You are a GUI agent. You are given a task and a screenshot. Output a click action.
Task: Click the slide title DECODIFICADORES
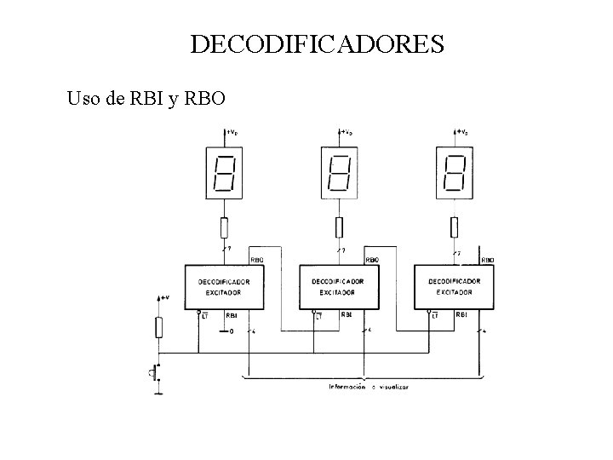point(317,43)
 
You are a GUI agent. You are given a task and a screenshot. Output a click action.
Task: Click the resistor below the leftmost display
point(224,227)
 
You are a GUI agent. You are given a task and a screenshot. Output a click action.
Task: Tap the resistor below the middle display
point(339,227)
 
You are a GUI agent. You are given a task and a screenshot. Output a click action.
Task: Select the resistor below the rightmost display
point(454,227)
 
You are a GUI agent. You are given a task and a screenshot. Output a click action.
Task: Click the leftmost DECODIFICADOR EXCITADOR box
point(224,287)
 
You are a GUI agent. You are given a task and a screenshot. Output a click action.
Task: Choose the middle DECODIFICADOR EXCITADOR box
point(339,287)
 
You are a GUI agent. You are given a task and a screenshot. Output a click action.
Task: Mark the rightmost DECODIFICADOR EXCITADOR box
point(454,287)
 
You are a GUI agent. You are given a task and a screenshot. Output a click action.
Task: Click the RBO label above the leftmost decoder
point(256,260)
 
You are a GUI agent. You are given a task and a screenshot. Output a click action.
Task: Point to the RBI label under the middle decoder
point(347,315)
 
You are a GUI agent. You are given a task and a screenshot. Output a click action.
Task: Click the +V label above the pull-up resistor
point(164,297)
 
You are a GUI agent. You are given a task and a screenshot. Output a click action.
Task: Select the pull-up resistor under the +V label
point(158,327)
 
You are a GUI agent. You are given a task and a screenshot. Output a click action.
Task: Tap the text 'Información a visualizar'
point(369,387)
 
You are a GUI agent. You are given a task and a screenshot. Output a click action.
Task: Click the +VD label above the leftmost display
point(232,132)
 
